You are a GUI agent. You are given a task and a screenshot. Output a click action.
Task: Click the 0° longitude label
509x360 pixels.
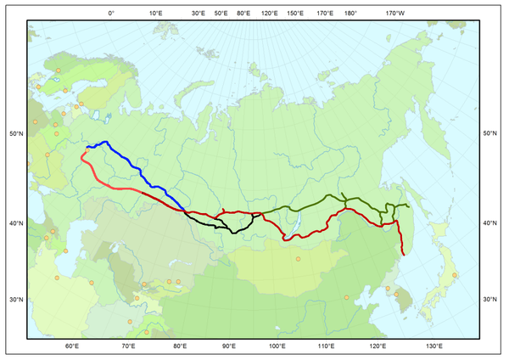(111, 14)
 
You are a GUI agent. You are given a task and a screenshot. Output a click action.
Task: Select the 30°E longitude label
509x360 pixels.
(199, 14)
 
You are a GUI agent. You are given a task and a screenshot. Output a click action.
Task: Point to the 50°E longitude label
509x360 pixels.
(221, 14)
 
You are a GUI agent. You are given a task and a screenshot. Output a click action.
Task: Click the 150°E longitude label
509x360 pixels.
(295, 14)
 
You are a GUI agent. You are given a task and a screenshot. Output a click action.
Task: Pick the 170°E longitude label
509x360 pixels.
(325, 14)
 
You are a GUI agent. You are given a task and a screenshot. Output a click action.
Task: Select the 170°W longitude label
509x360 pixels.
(395, 14)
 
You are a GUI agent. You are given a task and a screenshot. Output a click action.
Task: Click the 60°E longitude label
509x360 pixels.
(72, 346)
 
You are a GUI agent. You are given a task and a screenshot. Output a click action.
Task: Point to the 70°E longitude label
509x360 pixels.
(128, 346)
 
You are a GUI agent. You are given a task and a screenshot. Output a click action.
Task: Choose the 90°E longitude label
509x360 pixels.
(229, 346)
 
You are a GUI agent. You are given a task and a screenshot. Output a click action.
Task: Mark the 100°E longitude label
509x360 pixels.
(277, 346)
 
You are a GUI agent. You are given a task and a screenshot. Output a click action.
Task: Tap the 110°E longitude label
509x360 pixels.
(327, 346)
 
